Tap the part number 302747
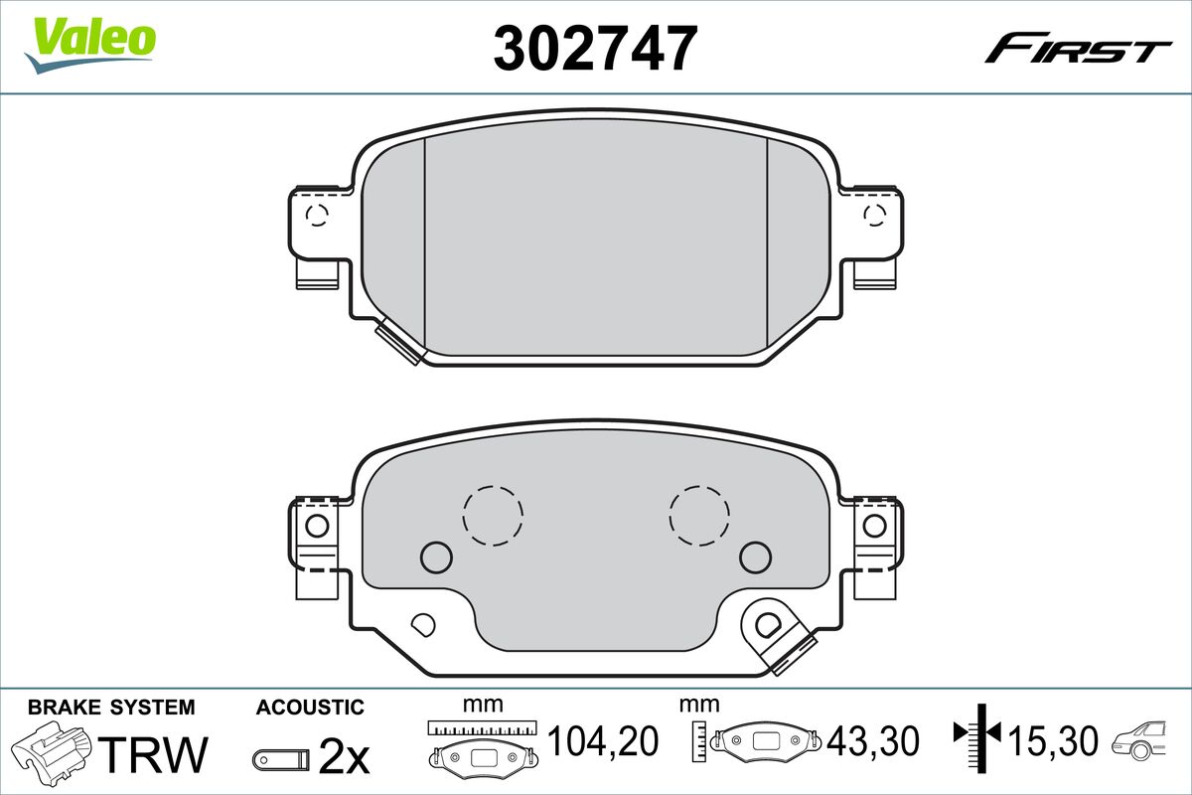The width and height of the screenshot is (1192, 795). coord(595,47)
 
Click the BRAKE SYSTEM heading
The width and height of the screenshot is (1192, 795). coord(111,708)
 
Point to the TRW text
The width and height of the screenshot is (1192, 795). coord(156,753)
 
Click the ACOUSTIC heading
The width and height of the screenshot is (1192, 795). coord(310,708)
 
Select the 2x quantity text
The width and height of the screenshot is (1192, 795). coord(344,758)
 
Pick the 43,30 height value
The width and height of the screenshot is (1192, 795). coord(873,740)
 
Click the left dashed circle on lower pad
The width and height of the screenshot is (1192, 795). coord(493,515)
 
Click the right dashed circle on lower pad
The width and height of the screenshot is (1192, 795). coord(699,515)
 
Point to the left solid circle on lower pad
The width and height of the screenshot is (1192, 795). coord(436,556)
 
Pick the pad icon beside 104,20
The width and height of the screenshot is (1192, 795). coord(483,752)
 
